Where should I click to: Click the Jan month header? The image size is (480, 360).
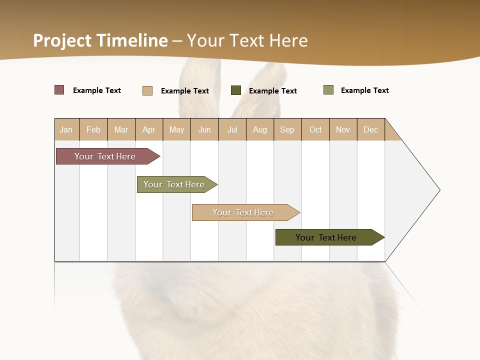click(66, 129)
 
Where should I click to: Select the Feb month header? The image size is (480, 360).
click(93, 129)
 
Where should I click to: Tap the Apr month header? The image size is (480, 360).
click(149, 129)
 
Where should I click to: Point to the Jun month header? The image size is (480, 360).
click(204, 129)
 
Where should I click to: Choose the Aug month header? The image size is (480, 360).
click(260, 129)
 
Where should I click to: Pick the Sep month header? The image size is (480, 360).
click(287, 129)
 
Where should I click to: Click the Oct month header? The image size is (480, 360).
click(315, 129)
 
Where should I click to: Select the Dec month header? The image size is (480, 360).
click(371, 129)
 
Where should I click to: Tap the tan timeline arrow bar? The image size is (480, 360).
click(243, 212)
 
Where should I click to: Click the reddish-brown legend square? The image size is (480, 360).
click(59, 90)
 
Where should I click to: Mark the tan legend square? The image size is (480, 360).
click(147, 90)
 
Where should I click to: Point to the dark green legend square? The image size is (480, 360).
click(236, 90)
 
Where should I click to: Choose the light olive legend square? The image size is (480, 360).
click(328, 90)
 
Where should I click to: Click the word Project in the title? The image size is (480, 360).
click(62, 40)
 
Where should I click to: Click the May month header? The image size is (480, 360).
click(176, 129)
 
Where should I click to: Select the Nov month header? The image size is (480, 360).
click(343, 129)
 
